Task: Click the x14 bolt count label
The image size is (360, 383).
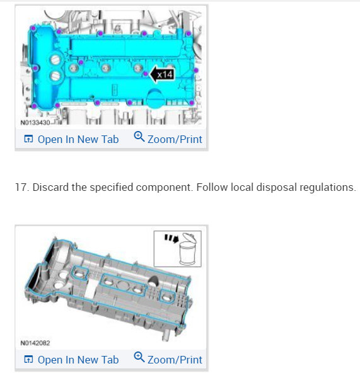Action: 165,74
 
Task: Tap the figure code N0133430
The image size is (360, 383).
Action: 35,122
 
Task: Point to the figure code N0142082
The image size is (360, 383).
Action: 35,343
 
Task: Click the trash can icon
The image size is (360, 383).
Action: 188,249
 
